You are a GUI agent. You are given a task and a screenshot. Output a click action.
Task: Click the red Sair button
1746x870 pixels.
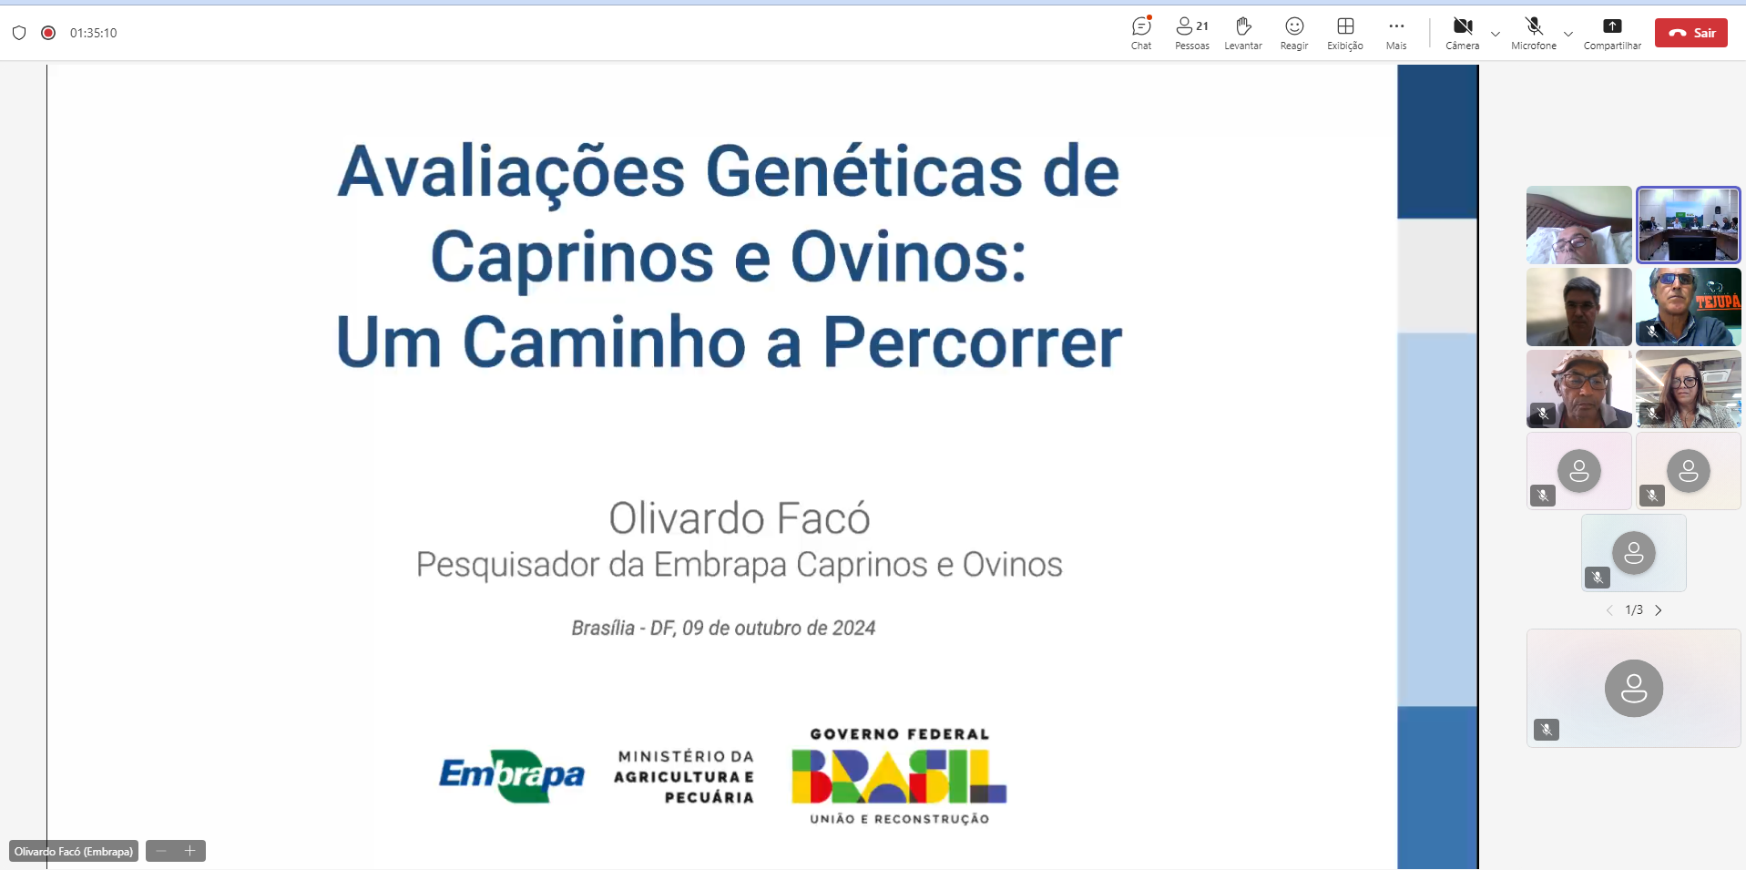[x=1690, y=33]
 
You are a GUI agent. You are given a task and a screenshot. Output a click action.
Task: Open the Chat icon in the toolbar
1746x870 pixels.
[x=1141, y=26]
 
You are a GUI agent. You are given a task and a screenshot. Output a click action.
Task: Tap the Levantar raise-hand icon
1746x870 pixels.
[x=1243, y=26]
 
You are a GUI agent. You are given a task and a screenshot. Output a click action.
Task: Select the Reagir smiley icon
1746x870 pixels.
[x=1294, y=26]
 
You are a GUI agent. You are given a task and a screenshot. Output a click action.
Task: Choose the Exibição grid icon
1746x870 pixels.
[x=1345, y=26]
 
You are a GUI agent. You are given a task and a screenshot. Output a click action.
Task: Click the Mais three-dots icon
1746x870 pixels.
[x=1396, y=26]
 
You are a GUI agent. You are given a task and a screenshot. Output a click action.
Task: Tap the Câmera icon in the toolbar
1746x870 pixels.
[x=1463, y=26]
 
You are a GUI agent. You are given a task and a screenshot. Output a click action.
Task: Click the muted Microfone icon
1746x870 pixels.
[x=1534, y=26]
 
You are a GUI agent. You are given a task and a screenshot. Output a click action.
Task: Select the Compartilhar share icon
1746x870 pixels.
[x=1612, y=26]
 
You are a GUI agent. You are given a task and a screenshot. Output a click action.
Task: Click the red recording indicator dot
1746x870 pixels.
[x=48, y=33]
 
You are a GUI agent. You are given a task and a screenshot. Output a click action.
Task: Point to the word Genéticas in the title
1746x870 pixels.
[x=863, y=171]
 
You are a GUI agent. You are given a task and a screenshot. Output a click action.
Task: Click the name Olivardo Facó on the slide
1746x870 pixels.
[x=739, y=517]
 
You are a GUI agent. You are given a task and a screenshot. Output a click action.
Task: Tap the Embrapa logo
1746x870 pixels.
[x=512, y=775]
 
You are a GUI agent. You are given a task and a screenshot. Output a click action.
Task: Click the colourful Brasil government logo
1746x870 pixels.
[x=899, y=776]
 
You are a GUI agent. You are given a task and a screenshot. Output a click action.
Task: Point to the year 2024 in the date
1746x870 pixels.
[x=853, y=628]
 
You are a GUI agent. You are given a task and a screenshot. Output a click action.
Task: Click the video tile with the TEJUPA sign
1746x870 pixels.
[x=1689, y=307]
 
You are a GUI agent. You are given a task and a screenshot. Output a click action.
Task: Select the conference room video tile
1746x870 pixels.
[x=1689, y=225]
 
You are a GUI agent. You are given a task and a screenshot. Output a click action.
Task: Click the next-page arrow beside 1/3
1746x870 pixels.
[x=1659, y=610]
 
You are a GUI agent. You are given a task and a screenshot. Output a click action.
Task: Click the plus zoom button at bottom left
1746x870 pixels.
[x=190, y=851]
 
